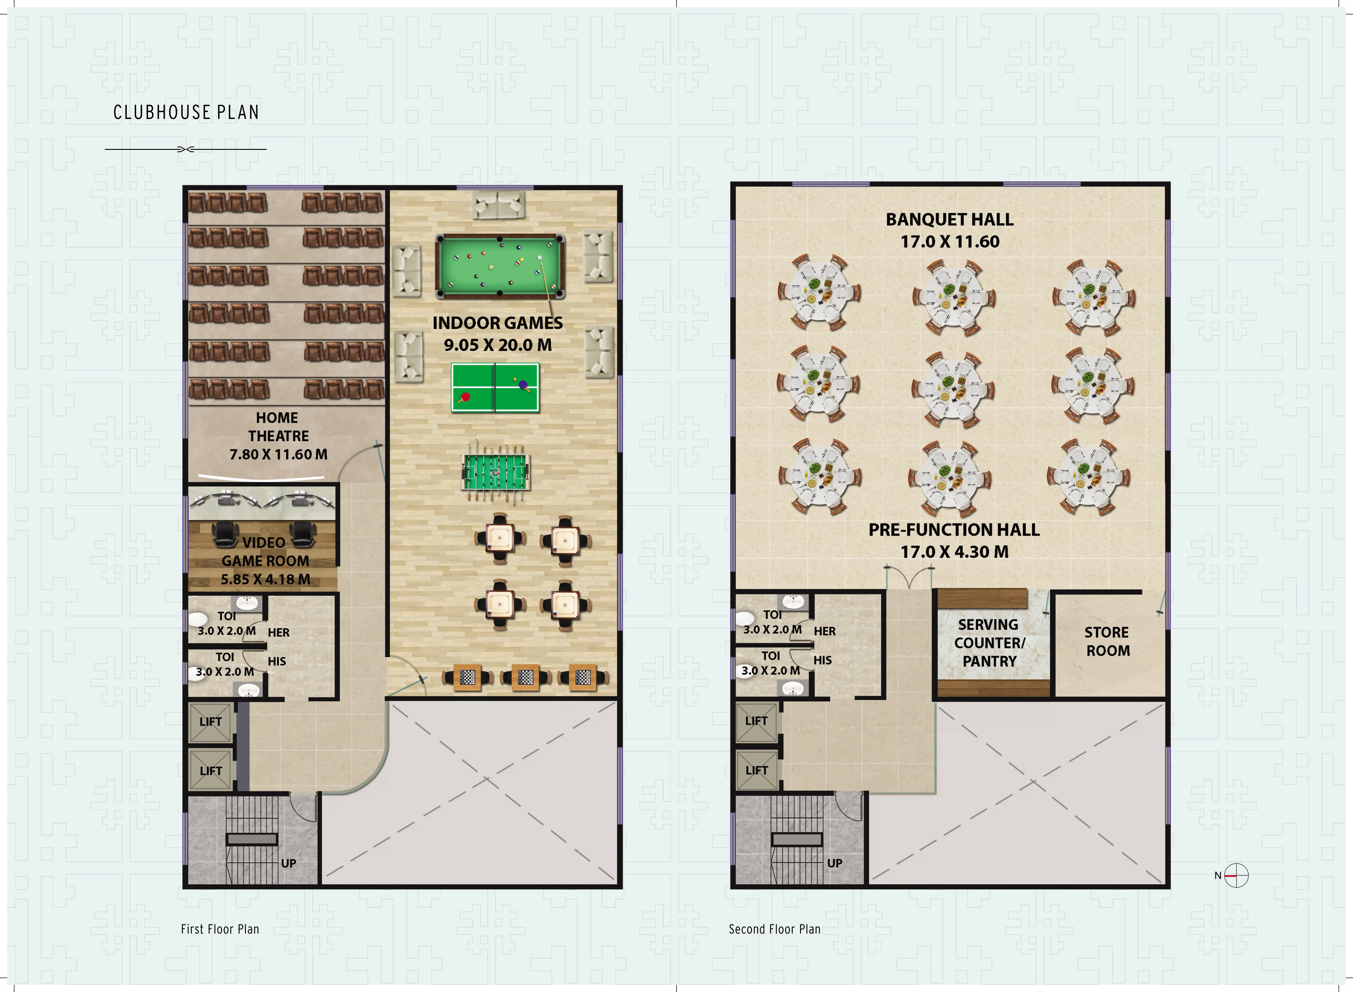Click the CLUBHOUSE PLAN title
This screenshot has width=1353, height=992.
click(x=186, y=112)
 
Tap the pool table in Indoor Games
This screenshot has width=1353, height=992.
click(x=499, y=266)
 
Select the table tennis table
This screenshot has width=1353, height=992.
click(x=495, y=387)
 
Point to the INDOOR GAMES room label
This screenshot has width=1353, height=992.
click(x=498, y=323)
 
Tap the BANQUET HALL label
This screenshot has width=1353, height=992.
click(x=950, y=220)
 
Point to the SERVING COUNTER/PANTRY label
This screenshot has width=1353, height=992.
click(x=989, y=643)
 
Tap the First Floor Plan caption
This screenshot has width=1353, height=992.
click(x=220, y=929)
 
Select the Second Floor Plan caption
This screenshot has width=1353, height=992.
click(x=774, y=929)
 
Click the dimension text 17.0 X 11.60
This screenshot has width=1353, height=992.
click(x=950, y=242)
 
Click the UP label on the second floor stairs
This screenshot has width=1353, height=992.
click(x=834, y=863)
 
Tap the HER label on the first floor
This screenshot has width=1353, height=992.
click(x=279, y=632)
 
